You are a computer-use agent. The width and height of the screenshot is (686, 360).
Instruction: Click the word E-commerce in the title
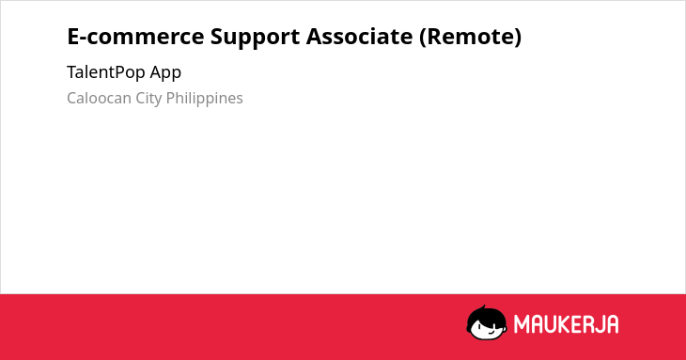[135, 37]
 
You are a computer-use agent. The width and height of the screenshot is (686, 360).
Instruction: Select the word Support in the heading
[255, 38]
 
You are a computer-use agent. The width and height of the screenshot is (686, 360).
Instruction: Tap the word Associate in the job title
[359, 37]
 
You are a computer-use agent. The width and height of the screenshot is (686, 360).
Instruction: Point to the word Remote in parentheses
[470, 37]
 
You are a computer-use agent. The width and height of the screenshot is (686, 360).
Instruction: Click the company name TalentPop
[106, 72]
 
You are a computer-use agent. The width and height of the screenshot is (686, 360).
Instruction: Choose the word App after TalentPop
[165, 73]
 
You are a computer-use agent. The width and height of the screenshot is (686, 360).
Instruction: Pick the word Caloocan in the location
[99, 98]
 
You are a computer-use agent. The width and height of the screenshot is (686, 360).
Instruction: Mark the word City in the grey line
[148, 99]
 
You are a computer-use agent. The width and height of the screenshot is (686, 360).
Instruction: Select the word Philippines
[204, 99]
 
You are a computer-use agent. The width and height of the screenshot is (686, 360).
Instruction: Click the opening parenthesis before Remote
[423, 38]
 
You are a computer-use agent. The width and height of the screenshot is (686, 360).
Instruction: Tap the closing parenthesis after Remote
[518, 38]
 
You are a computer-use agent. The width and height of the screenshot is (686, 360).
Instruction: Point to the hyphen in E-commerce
[84, 39]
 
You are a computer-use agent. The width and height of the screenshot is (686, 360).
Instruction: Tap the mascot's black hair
[485, 316]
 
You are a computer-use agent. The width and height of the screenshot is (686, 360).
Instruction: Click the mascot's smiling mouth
[490, 332]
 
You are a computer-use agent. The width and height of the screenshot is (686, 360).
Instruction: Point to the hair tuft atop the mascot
[483, 307]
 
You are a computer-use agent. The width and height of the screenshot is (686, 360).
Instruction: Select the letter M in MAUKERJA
[522, 324]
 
